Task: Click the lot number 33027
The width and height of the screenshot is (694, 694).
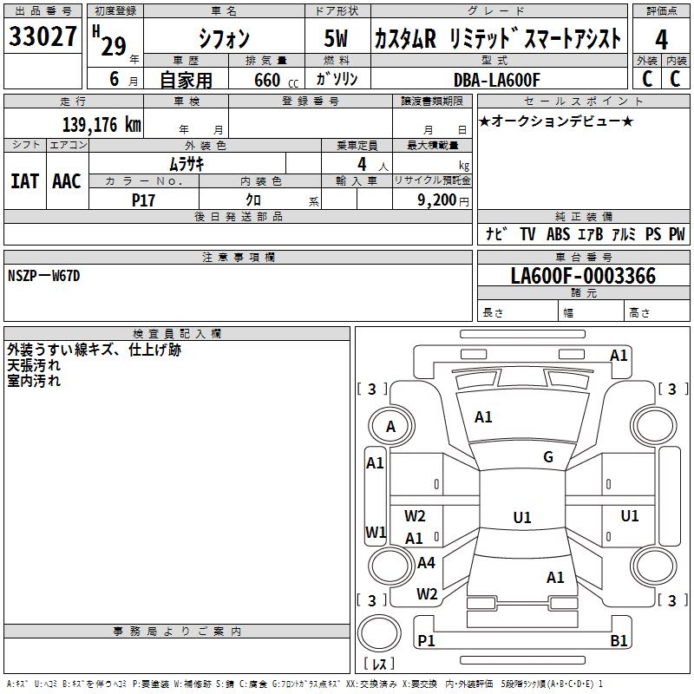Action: coord(43,36)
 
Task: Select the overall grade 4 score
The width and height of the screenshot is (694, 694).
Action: coord(661,40)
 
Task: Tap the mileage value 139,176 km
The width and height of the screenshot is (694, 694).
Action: coord(101,125)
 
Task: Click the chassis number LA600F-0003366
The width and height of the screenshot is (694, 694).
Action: coord(583,276)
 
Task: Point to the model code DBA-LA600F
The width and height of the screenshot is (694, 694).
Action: coord(496,80)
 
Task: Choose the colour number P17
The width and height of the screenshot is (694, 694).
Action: coord(143,200)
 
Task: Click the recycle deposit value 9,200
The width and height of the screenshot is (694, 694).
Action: coord(437,200)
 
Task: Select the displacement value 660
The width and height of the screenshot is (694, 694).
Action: coord(267,80)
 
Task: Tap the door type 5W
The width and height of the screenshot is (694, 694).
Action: coord(336,38)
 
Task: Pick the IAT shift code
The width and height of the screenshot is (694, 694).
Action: coord(25,181)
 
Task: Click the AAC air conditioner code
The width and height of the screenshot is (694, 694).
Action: coord(67,181)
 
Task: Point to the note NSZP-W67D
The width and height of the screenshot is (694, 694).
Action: coord(44,276)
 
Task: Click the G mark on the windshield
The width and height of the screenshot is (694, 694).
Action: coord(548,457)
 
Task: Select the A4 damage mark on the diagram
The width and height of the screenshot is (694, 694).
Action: coord(426,562)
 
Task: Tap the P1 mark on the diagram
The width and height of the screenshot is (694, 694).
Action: coord(426,640)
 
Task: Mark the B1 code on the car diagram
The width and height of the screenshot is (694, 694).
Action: coord(619,640)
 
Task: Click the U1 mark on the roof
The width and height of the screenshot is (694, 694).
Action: coord(522,517)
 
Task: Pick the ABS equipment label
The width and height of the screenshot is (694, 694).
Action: coord(558,233)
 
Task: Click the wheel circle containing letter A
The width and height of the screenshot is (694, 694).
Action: coord(391,426)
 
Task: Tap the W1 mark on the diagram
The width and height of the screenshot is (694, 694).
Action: coord(376,532)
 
